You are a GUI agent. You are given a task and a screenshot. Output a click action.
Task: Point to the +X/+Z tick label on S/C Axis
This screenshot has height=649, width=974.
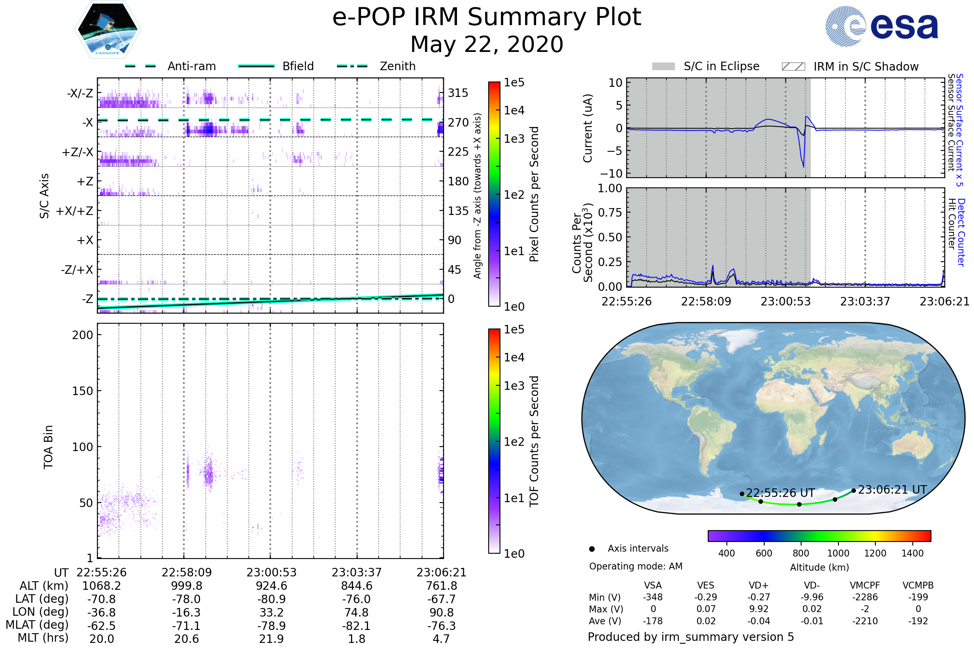point(75,211)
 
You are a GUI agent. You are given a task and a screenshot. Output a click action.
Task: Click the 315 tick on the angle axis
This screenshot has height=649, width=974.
point(458,93)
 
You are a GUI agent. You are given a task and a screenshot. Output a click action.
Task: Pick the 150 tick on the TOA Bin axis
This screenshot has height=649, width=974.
point(82,391)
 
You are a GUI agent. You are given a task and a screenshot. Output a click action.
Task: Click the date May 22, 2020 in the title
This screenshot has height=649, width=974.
point(487,44)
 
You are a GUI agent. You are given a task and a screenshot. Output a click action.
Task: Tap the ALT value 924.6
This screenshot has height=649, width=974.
point(271,586)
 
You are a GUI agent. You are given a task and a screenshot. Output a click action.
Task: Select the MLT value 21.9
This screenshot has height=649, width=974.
point(271,638)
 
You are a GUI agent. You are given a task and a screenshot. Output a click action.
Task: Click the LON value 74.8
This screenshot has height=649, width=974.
point(357,612)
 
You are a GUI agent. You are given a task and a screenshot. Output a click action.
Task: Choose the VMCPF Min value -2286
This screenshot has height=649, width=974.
point(865,597)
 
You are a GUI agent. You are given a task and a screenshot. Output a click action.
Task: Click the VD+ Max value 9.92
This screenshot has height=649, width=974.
point(759,609)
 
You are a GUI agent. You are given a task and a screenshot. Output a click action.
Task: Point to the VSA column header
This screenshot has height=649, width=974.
point(653,585)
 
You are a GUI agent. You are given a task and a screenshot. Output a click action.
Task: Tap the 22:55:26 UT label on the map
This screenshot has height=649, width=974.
point(780,493)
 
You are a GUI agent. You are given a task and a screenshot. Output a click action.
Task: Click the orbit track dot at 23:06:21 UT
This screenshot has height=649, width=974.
point(853,491)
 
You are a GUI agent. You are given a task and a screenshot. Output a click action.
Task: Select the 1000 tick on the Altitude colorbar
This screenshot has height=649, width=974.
point(838,553)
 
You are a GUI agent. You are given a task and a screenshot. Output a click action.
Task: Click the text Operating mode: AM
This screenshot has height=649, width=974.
point(636,566)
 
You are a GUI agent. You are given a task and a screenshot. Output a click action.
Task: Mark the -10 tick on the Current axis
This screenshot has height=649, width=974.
point(611,173)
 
